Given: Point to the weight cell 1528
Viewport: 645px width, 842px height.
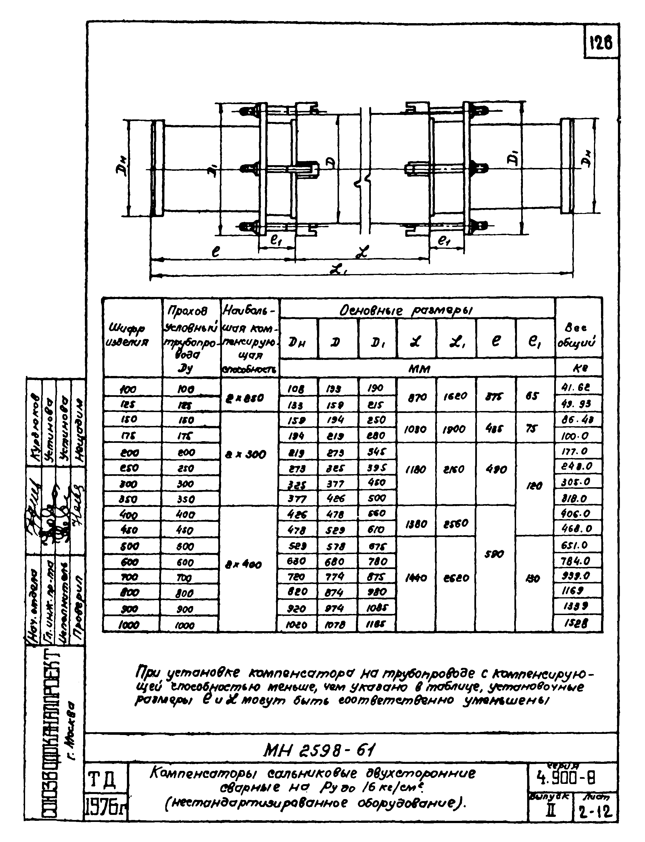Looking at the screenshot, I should pyautogui.click(x=577, y=624).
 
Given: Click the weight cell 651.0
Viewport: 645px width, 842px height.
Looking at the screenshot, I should pyautogui.click(x=577, y=545).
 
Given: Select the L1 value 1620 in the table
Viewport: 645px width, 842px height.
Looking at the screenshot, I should pyautogui.click(x=456, y=396).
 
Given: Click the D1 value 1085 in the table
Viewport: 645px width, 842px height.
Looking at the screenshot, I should pyautogui.click(x=377, y=608).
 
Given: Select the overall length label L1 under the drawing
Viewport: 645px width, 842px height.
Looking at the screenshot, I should pyautogui.click(x=339, y=270).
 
